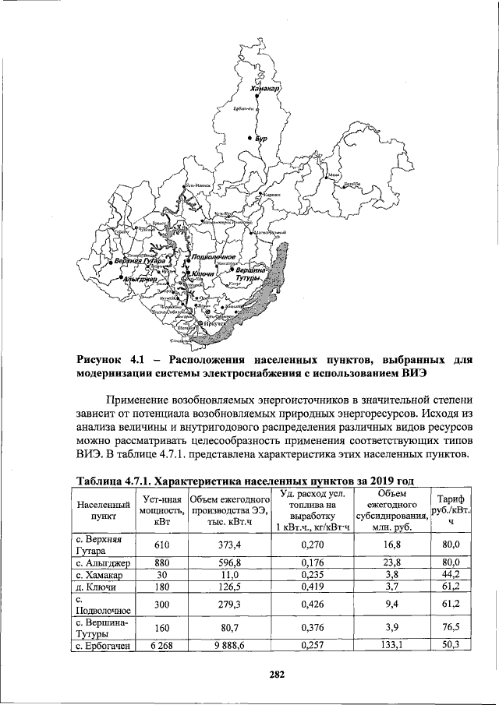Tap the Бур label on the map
tap(261, 138)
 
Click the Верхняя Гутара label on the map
tap(140, 260)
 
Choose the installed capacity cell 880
tap(162, 562)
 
